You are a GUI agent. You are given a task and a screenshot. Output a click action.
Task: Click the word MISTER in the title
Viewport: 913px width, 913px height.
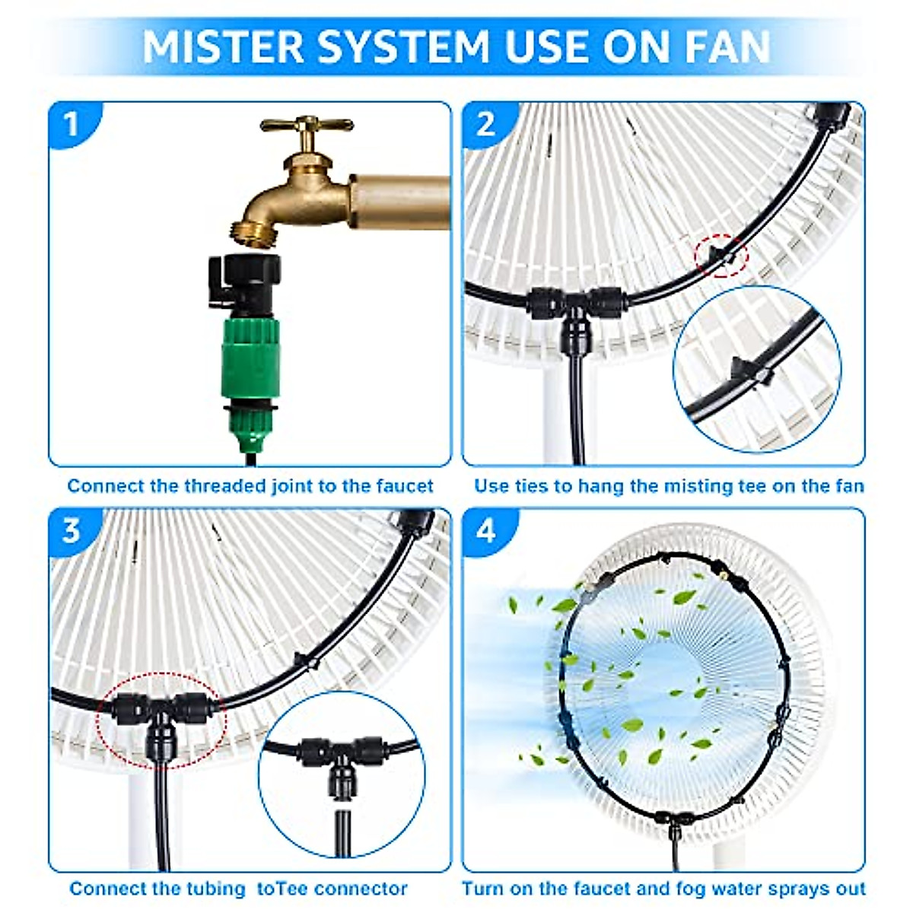(222, 47)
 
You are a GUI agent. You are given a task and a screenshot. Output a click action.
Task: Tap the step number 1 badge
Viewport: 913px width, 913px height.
(72, 124)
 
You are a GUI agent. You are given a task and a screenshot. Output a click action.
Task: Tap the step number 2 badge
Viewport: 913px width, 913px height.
(486, 124)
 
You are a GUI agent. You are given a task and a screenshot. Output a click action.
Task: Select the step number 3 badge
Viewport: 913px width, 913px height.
(72, 530)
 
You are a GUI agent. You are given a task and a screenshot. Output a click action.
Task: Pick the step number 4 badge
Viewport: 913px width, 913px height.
(486, 530)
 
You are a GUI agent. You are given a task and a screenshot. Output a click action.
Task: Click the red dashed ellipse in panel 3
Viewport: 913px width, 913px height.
(161, 719)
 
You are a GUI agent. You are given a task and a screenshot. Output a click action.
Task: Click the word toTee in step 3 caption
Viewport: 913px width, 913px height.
(284, 888)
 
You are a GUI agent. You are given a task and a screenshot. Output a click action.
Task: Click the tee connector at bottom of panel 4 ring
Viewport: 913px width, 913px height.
(673, 821)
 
